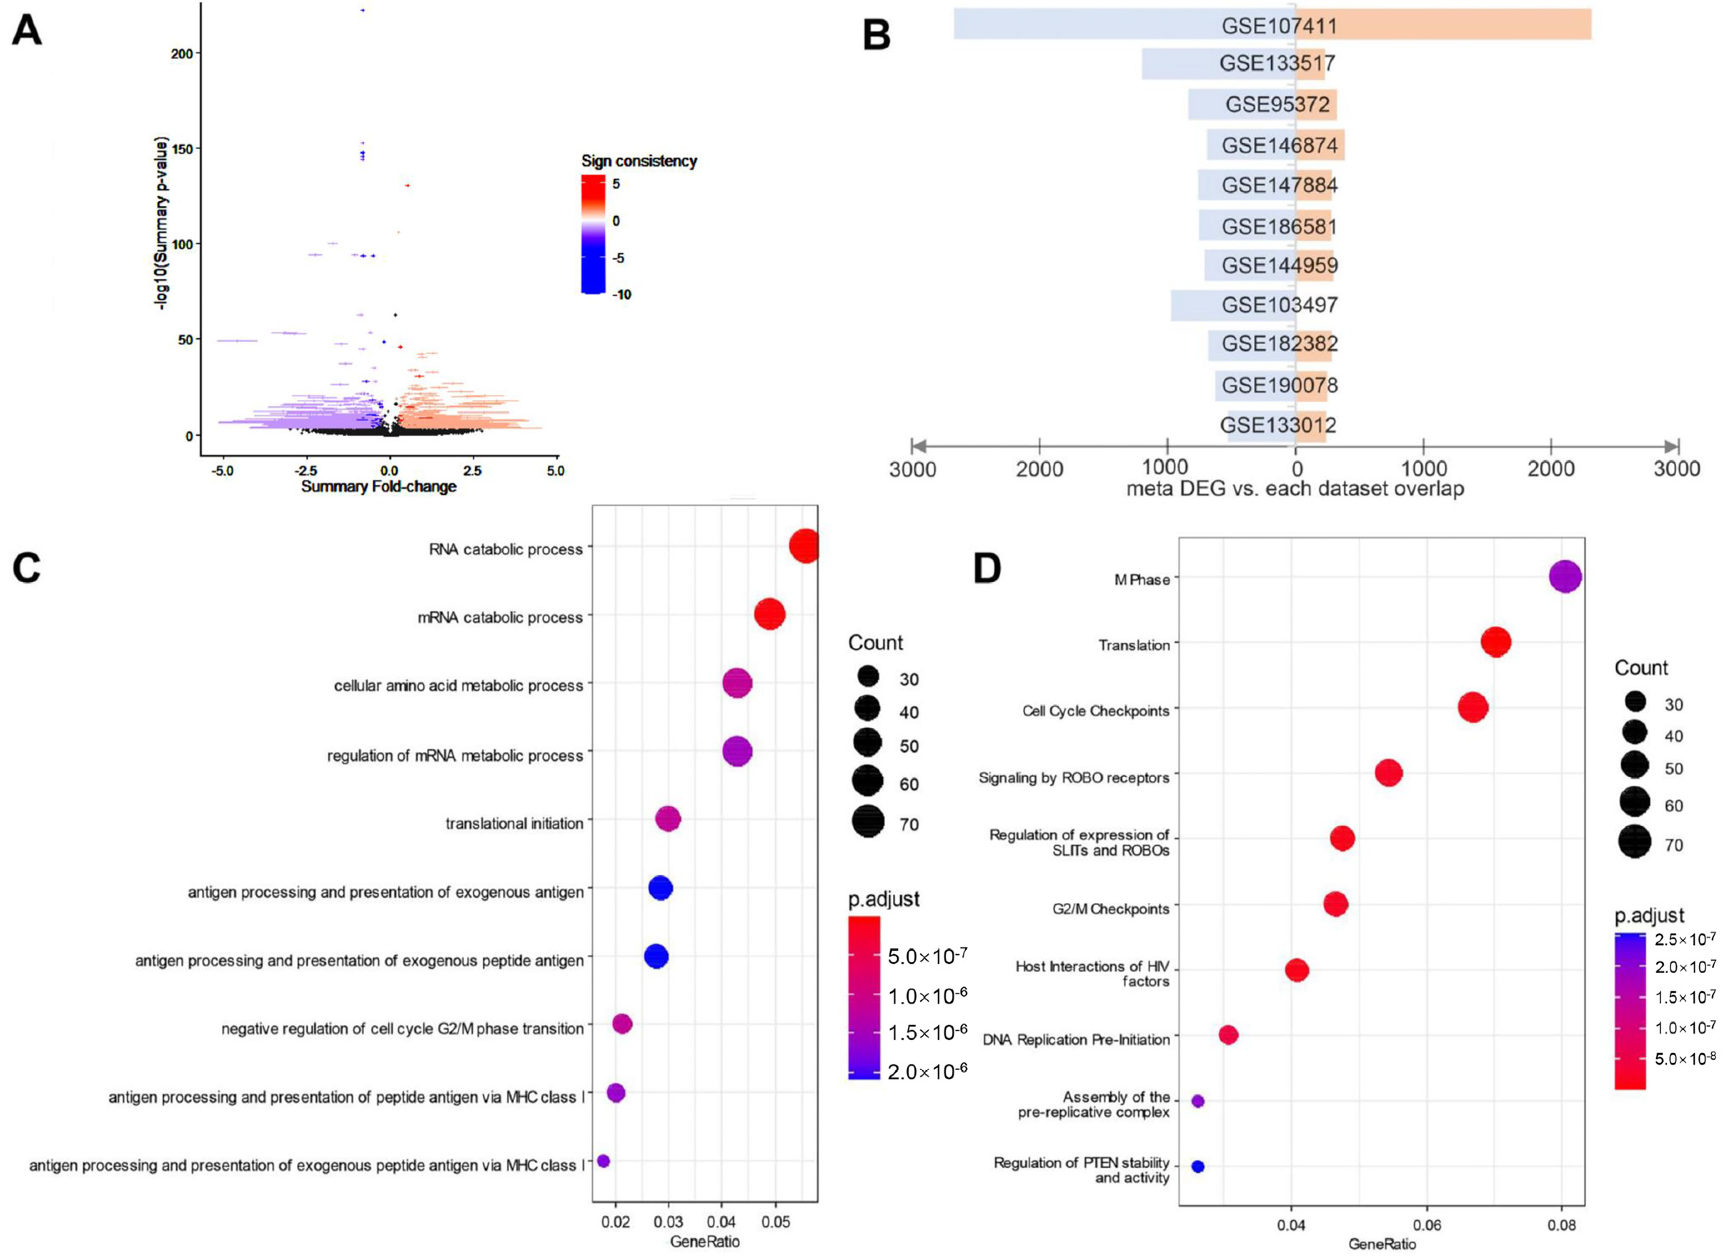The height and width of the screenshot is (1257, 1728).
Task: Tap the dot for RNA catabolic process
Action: [x=804, y=547]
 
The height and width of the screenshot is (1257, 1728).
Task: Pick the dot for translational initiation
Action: [x=667, y=820]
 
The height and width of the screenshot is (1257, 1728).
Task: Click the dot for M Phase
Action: [x=1565, y=577]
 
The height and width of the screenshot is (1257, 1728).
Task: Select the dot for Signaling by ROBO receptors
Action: [x=1388, y=773]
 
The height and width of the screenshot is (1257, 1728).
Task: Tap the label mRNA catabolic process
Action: [x=500, y=617]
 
